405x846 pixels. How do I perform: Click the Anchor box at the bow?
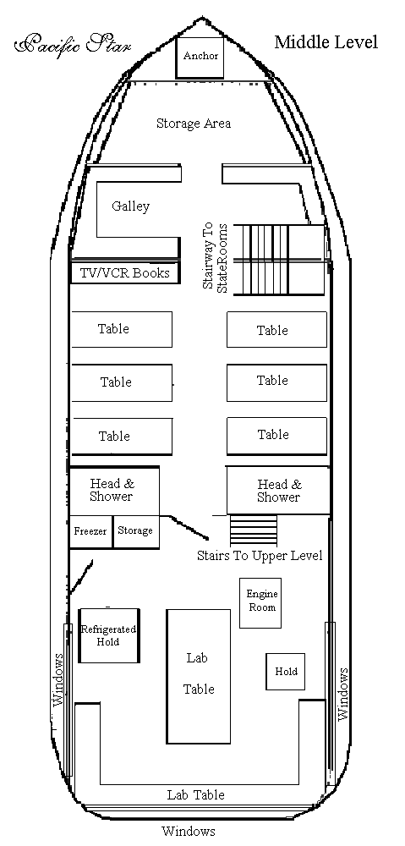point(200,58)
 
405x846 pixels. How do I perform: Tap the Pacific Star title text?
point(72,44)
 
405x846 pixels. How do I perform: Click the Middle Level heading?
point(326,42)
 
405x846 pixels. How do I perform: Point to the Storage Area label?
point(194,124)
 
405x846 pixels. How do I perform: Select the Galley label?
point(130,206)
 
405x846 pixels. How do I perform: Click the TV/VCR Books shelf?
point(125,273)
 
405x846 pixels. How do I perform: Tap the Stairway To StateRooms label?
point(215,258)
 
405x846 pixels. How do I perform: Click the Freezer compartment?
point(90,532)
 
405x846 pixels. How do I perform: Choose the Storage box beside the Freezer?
point(136,532)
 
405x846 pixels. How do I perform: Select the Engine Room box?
point(260,602)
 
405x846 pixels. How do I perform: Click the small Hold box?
point(285,672)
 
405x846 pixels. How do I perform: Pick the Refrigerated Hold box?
point(109,635)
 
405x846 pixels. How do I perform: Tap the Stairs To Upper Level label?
point(260,556)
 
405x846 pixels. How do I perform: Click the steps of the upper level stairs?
point(254,530)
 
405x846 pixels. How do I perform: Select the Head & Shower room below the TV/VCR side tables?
point(114,491)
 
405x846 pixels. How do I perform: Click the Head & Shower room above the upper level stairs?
point(277,491)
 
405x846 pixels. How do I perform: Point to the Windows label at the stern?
point(189,831)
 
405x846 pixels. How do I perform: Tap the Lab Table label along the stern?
point(196,794)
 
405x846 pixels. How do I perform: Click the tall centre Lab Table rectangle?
point(199,676)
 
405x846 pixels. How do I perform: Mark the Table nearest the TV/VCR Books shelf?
point(122,329)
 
